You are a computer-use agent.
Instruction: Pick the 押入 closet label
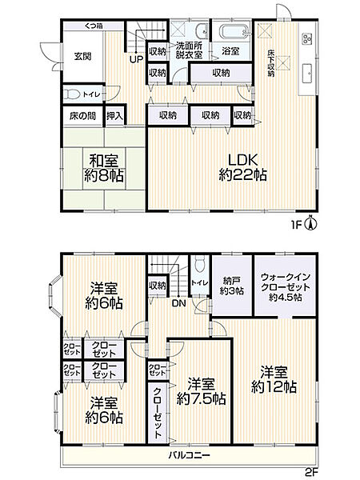[114, 116]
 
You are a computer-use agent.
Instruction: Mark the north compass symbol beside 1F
[318, 224]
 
